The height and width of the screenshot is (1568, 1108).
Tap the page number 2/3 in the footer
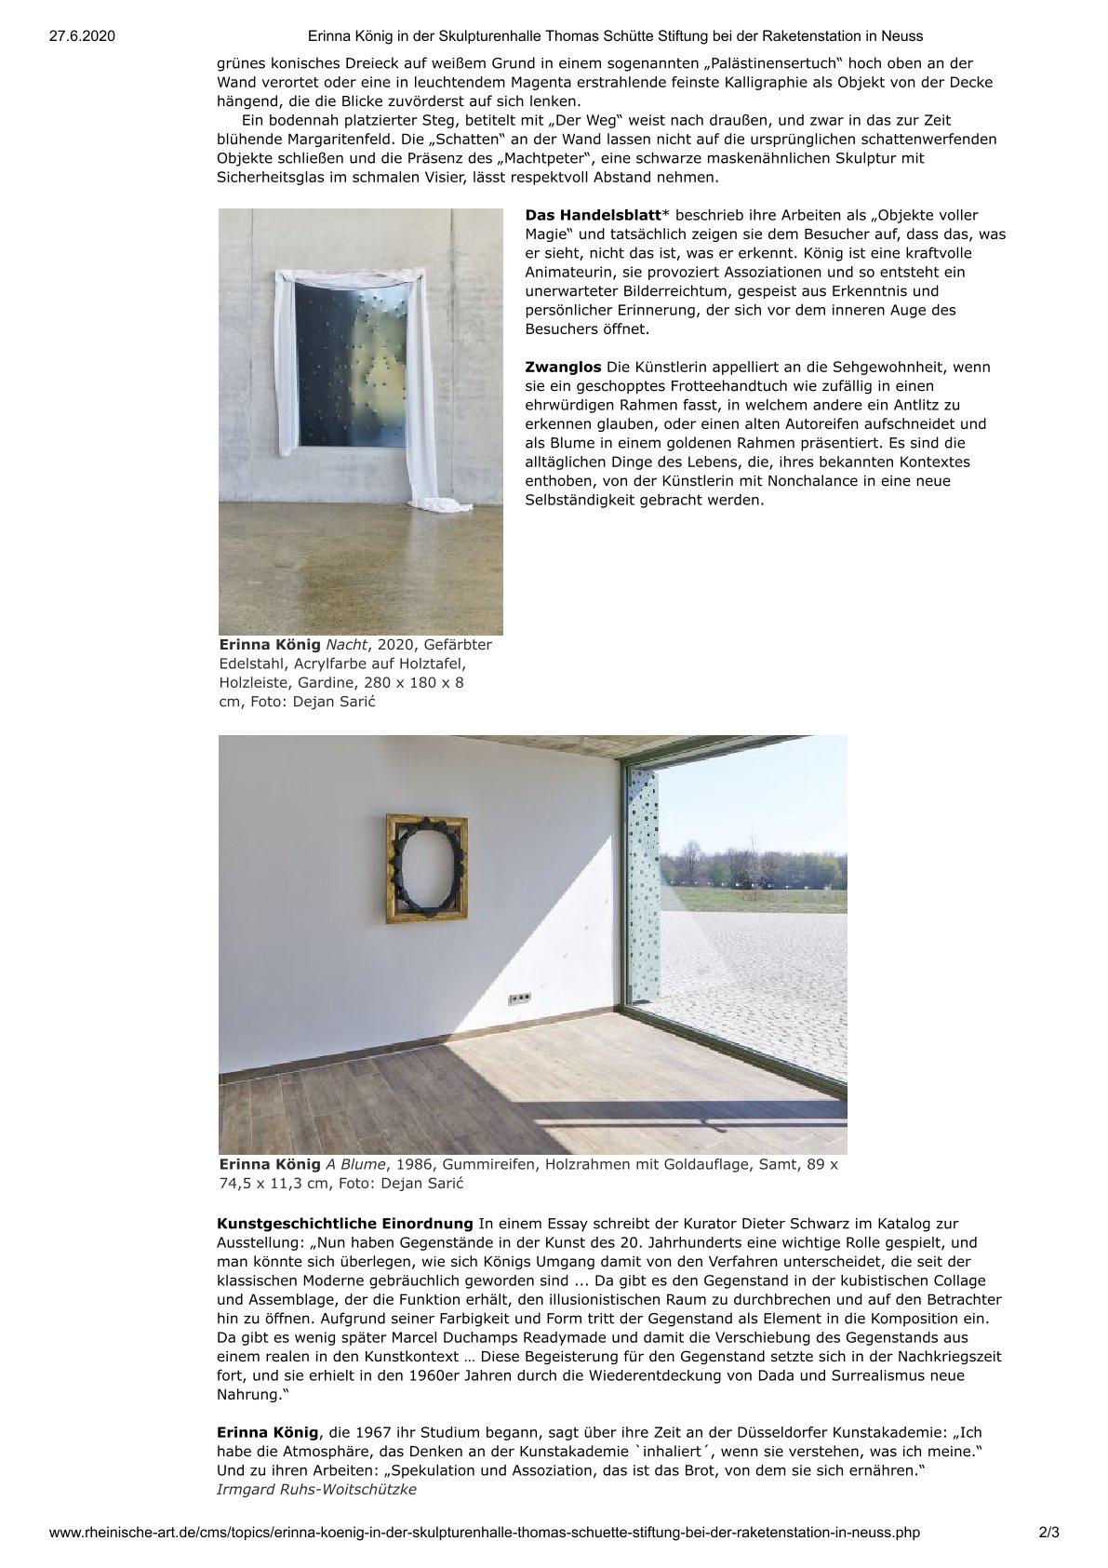[1048, 1532]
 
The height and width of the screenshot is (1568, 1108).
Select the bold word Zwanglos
[563, 367]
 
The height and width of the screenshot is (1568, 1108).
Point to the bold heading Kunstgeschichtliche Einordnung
[345, 1223]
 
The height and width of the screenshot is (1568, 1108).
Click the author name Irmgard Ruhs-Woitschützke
[316, 1489]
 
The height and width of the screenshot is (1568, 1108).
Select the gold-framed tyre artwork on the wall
[427, 867]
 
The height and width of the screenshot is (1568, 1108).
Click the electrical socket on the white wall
[519, 998]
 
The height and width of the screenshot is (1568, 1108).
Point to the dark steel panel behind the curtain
[351, 365]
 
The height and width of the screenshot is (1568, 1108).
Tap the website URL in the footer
[484, 1532]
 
